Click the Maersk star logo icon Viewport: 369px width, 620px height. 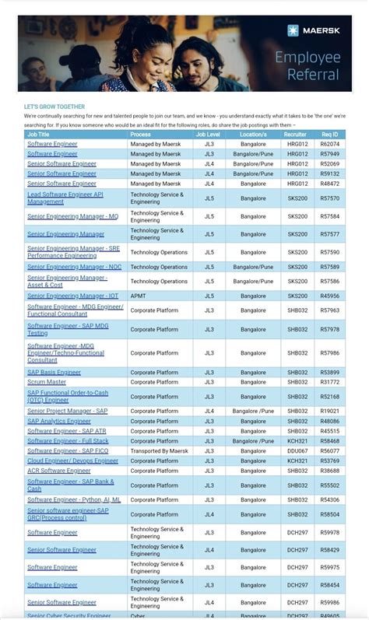click(x=293, y=30)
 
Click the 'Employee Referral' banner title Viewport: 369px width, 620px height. click(x=307, y=65)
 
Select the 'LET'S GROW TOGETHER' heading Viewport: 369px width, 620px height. click(x=54, y=107)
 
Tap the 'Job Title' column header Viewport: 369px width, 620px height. click(x=38, y=135)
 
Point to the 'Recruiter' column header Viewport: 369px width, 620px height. click(x=297, y=135)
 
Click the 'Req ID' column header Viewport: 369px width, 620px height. click(x=330, y=135)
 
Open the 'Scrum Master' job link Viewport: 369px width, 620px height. click(x=47, y=382)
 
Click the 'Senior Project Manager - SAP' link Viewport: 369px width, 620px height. click(x=67, y=411)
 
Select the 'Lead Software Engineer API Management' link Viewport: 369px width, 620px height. click(x=65, y=198)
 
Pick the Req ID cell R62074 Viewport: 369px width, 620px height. click(x=330, y=144)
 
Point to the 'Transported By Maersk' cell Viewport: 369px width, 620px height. click(x=159, y=450)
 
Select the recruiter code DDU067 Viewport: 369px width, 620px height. click(x=297, y=450)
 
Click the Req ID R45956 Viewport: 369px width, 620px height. click(x=330, y=296)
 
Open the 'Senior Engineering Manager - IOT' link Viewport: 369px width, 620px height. click(x=72, y=296)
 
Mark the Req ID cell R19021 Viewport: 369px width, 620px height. click(x=330, y=411)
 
